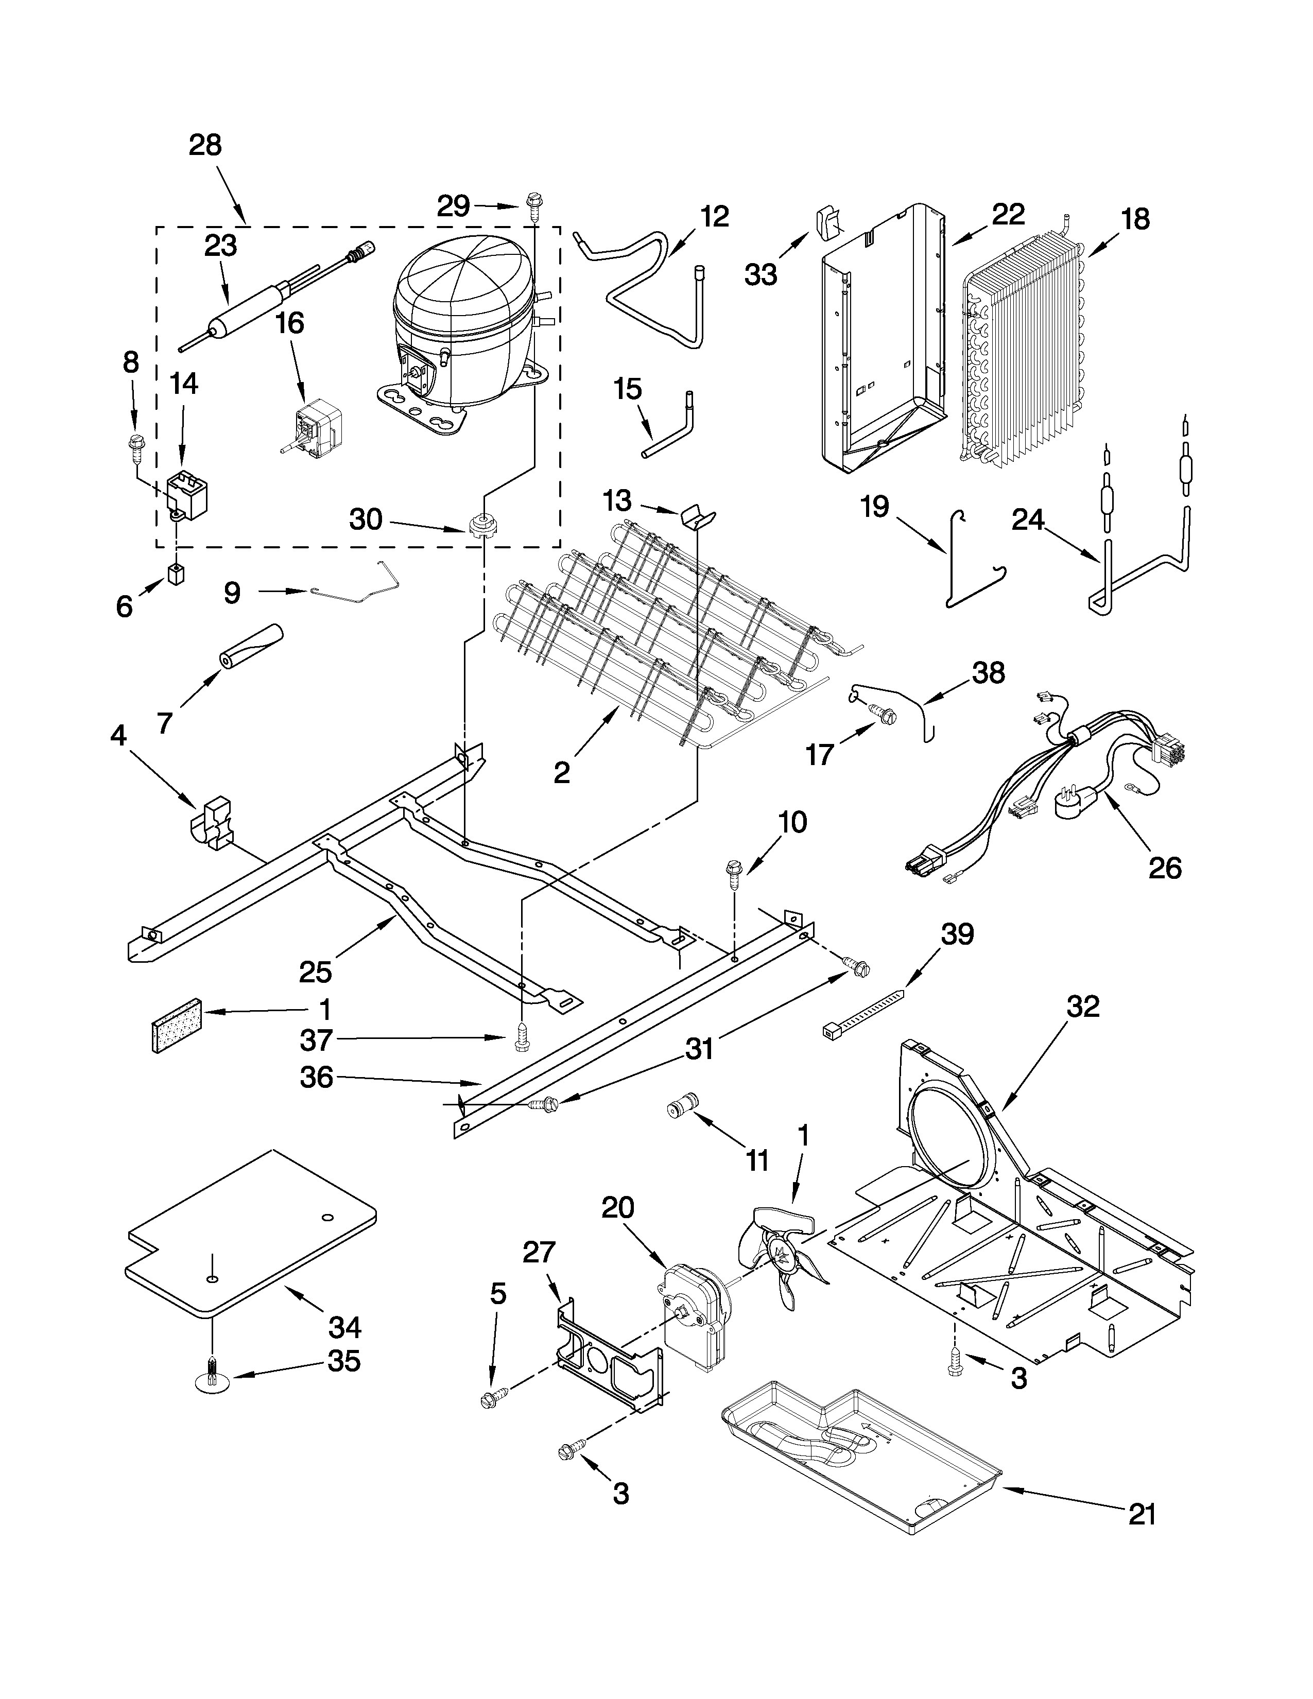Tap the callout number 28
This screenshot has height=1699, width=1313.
pos(205,146)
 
